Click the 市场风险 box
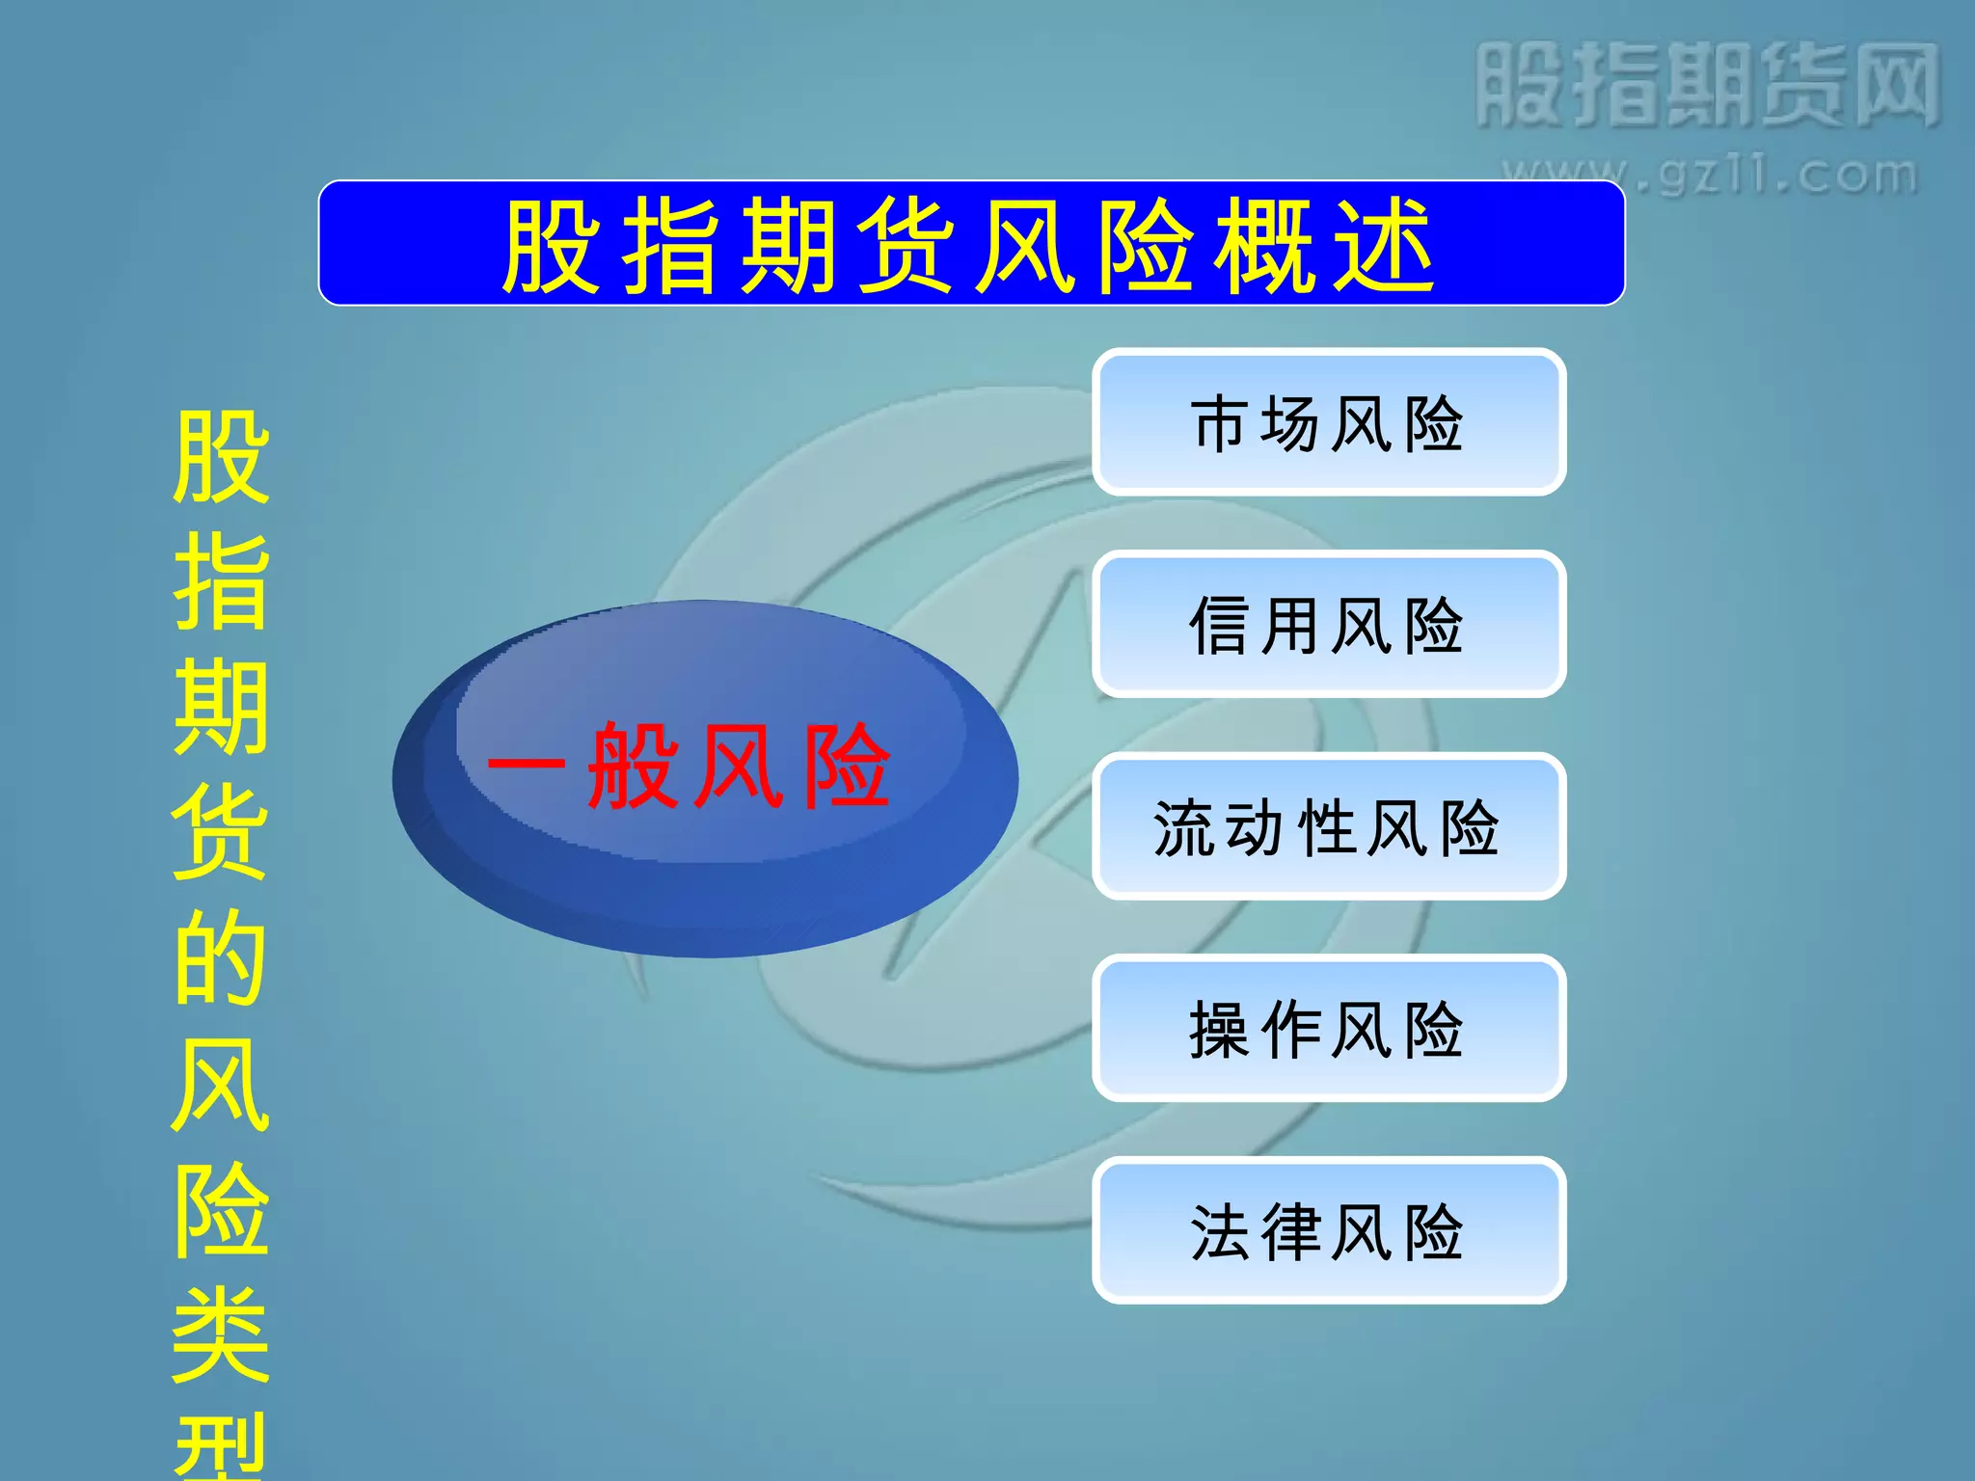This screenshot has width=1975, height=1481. tap(1328, 422)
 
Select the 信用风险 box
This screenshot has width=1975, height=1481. tap(1328, 625)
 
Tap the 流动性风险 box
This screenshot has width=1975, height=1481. tap(1328, 827)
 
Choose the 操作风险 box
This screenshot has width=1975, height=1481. tap(1328, 1029)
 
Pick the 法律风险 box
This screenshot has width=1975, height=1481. tap(1328, 1231)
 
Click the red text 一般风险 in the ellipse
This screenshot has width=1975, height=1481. tap(690, 767)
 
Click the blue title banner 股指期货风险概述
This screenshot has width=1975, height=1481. tap(971, 244)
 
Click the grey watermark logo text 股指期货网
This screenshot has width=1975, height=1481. tap(1707, 85)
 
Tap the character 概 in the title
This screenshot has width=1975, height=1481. tap(1264, 247)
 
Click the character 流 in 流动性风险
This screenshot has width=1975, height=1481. tap(1184, 828)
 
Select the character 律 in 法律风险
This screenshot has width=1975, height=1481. tap(1293, 1232)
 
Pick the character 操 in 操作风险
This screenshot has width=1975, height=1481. tap(1220, 1030)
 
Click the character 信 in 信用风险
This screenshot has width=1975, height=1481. tap(1220, 626)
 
